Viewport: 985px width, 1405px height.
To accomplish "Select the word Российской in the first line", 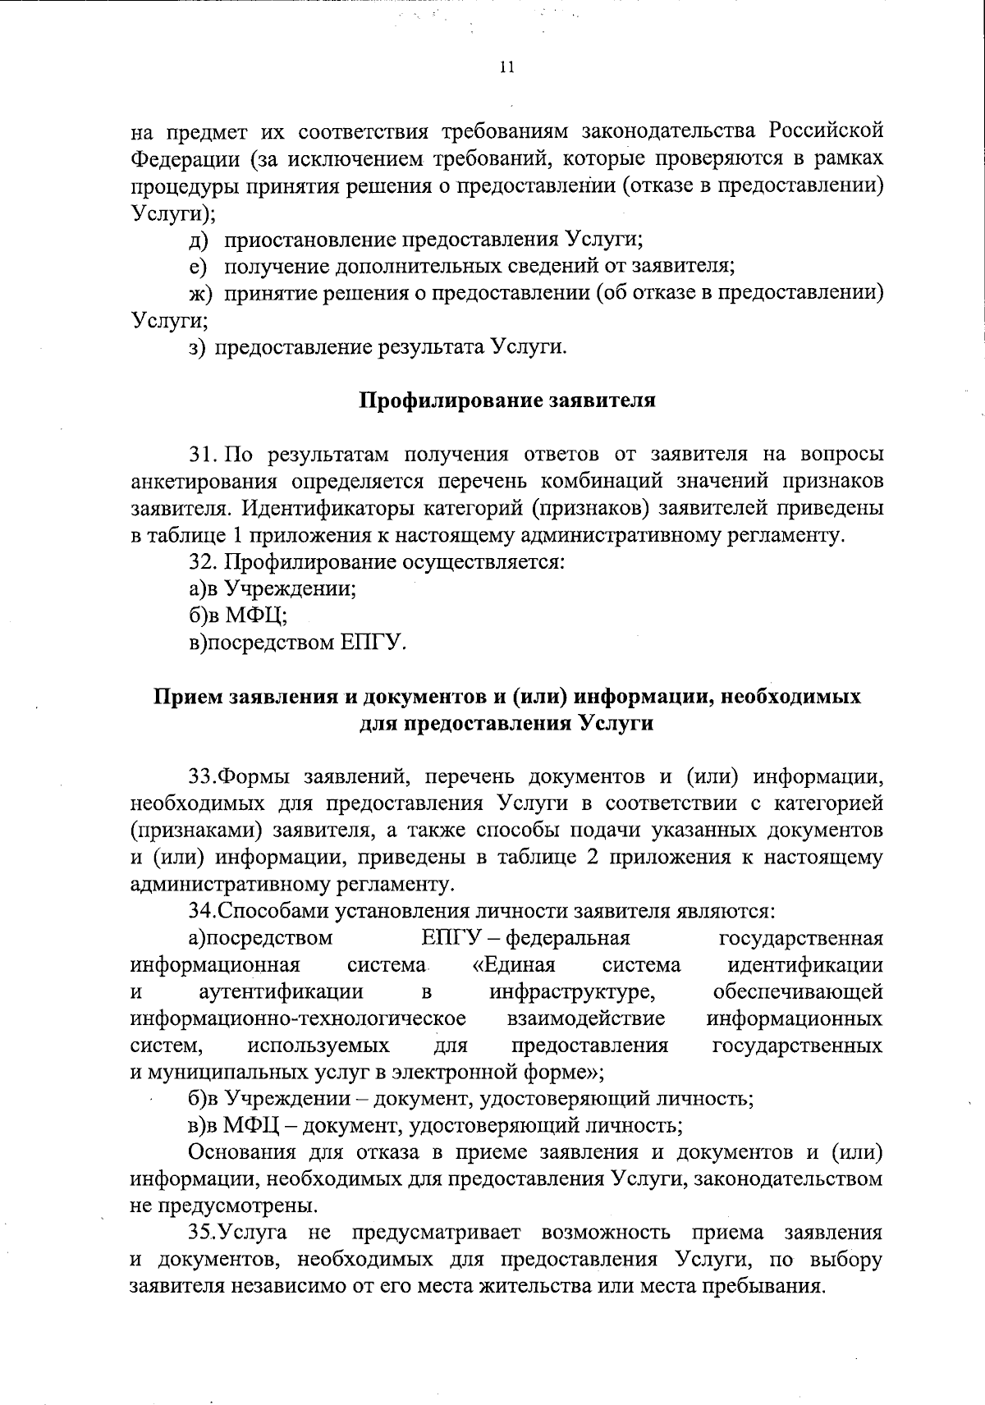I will tap(826, 130).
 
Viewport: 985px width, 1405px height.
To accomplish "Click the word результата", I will tap(430, 346).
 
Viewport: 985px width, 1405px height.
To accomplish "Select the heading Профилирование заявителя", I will tap(507, 400).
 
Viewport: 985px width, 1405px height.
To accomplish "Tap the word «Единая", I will tap(515, 964).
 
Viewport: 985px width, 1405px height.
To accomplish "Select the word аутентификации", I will tap(282, 991).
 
